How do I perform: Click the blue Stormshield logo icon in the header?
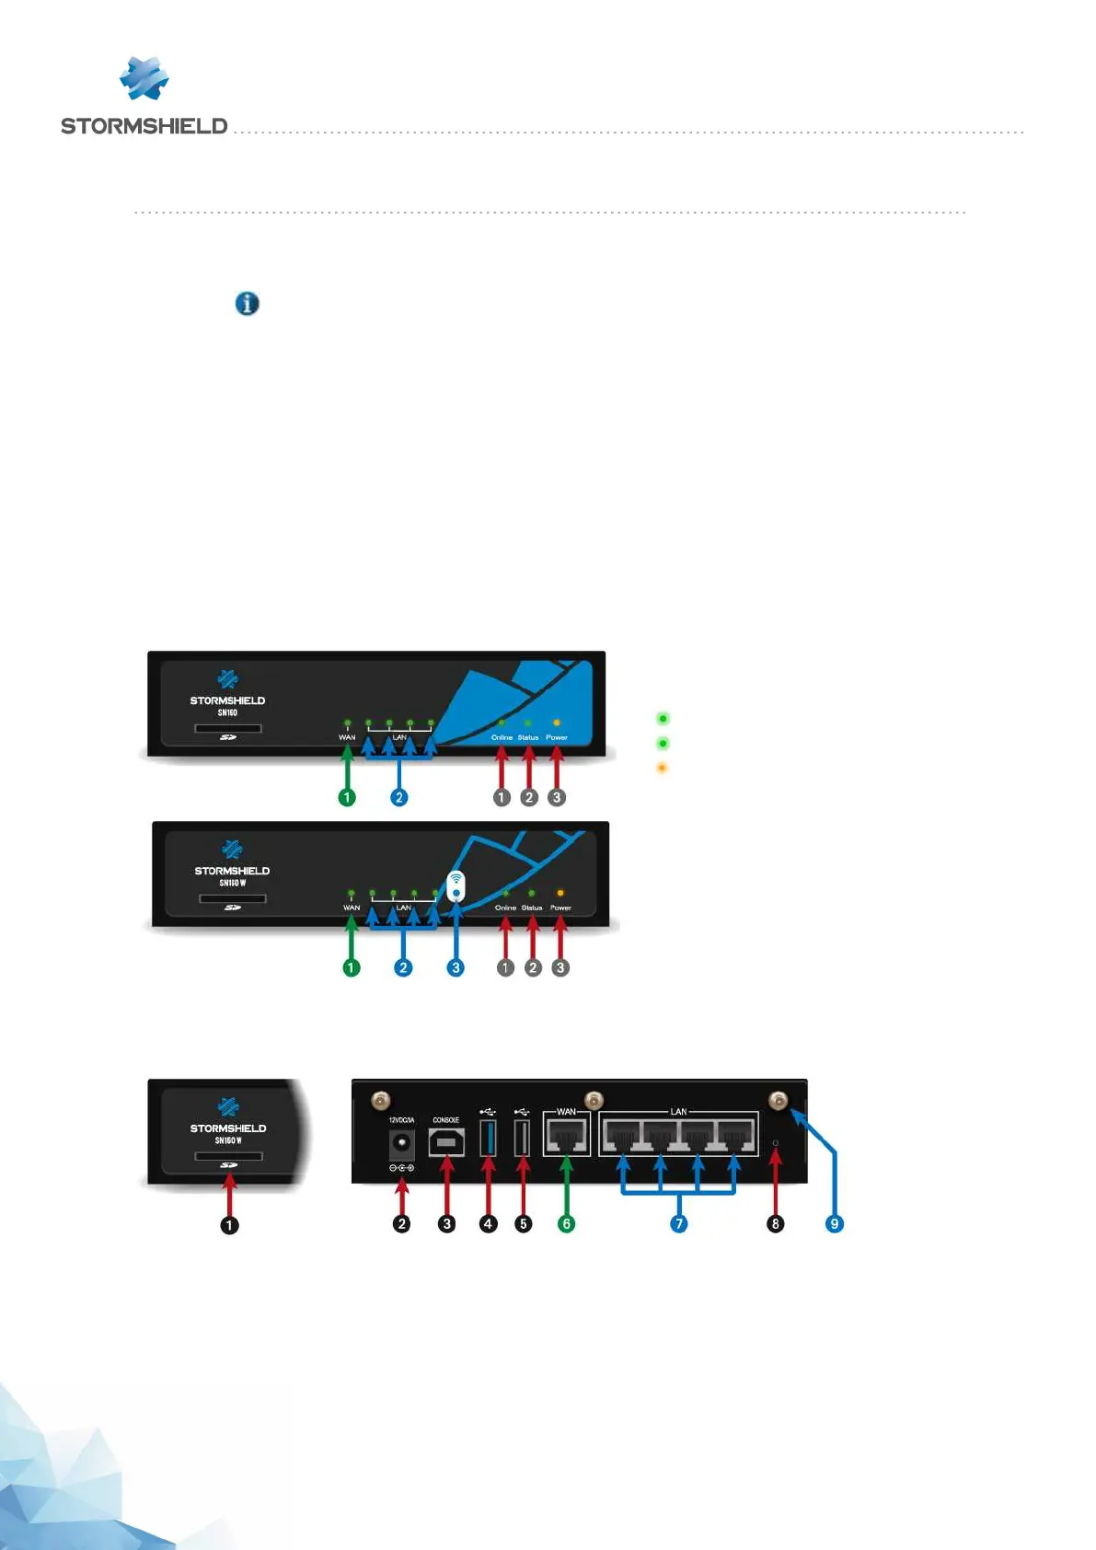144,78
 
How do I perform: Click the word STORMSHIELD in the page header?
144,126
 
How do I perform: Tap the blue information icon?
247,303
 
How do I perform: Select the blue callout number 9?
835,1223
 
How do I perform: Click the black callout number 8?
776,1223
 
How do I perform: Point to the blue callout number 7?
679,1223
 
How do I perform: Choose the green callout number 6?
567,1223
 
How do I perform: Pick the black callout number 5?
524,1223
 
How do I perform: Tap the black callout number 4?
489,1223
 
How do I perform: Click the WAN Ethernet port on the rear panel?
567,1137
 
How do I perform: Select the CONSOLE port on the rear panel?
446,1142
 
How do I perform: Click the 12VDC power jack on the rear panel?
401,1144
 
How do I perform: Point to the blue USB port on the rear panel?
489,1139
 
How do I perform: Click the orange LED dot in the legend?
662,768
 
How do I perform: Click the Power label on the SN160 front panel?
557,737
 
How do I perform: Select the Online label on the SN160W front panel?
505,908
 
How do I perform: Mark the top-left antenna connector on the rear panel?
380,1100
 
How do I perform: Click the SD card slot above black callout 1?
229,1156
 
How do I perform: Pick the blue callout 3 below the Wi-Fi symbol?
456,967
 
